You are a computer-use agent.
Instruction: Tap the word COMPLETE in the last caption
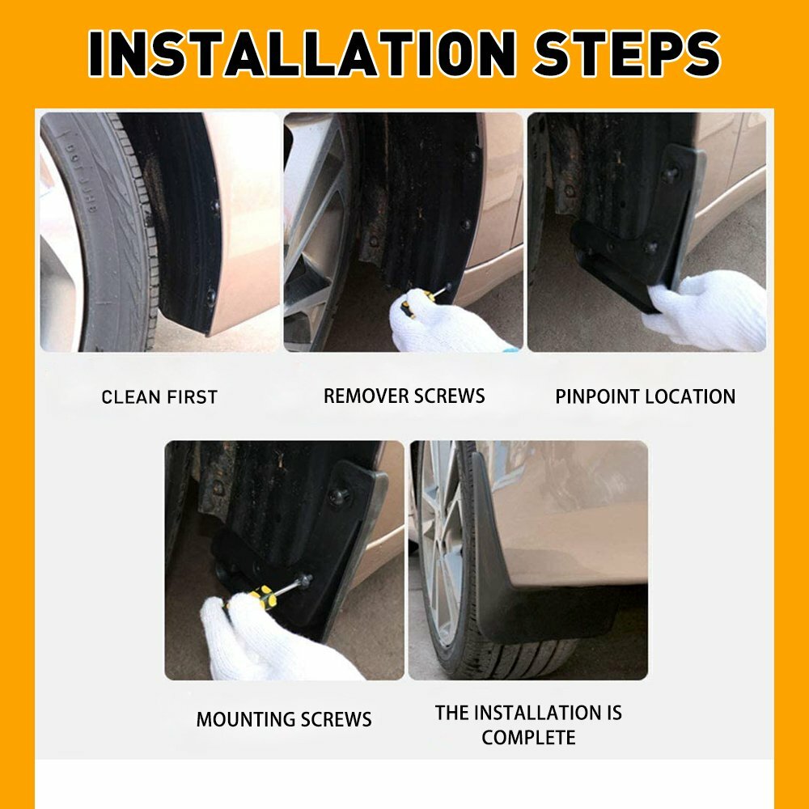pos(528,737)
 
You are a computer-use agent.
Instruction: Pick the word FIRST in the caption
pos(193,397)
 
